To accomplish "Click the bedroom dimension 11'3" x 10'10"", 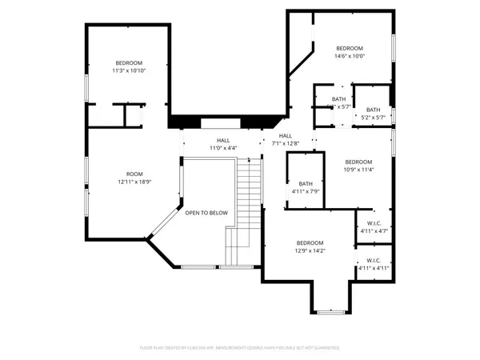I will coord(128,70).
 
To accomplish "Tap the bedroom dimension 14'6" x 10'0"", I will coord(349,56).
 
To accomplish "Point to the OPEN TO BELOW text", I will coord(206,213).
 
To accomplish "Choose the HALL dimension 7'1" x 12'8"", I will coord(285,144).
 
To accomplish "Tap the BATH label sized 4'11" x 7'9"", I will coord(305,192).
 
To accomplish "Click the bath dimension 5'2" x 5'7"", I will coord(373,118).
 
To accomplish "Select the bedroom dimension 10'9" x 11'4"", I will coord(358,170).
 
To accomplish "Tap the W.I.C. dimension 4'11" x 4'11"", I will coord(373,268).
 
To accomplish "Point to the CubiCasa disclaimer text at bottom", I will coord(239,348).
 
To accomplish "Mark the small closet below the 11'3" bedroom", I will coord(128,115).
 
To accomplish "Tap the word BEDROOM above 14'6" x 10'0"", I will coord(349,48).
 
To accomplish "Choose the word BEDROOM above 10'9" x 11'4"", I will coord(358,162).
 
